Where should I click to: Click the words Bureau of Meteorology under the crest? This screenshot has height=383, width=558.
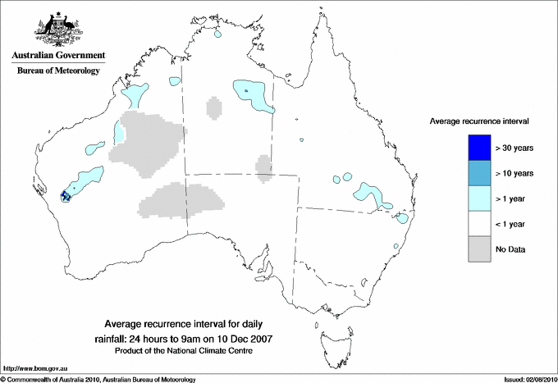coord(58,71)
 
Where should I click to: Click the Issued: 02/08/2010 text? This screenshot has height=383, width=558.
coord(528,379)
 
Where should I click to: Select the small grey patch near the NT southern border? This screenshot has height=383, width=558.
coord(263,166)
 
